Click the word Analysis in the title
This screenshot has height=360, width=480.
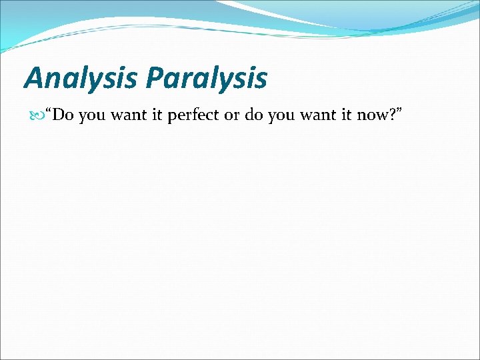(x=81, y=78)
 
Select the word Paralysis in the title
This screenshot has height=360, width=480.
(x=207, y=78)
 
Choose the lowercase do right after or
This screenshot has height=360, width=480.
(x=253, y=115)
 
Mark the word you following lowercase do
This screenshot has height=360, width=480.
(x=281, y=116)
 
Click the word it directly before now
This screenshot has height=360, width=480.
(x=346, y=115)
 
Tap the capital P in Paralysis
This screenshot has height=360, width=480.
(x=155, y=78)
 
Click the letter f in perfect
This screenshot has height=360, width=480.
(x=197, y=115)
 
